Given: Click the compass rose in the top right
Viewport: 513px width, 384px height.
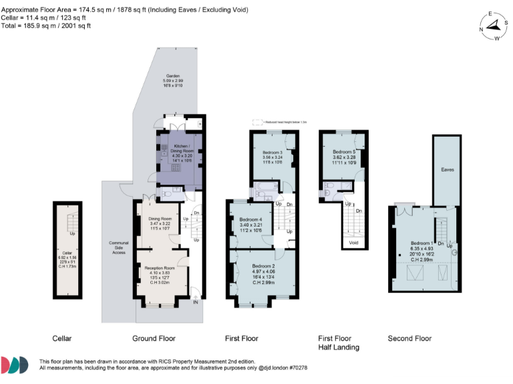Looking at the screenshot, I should (494, 27).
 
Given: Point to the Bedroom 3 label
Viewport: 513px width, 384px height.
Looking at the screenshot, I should (273, 152).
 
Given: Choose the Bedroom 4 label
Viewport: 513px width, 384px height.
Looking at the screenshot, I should (250, 220).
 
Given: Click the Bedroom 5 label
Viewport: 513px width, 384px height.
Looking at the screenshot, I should (345, 151).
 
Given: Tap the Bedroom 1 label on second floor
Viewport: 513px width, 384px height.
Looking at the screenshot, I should (421, 243).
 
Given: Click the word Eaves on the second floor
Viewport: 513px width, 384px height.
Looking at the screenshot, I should (448, 170).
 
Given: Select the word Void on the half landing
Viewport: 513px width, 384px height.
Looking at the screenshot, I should (353, 243).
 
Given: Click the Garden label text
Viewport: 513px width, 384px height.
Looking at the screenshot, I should (173, 76).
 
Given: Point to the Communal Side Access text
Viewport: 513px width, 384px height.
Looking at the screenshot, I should (119, 247).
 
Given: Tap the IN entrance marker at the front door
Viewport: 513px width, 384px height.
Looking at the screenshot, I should (196, 302).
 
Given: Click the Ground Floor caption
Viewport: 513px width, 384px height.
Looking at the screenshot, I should (153, 339).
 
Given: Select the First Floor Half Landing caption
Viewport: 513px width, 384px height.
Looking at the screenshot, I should (338, 343).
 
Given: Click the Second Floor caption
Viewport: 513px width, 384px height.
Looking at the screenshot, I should (409, 339).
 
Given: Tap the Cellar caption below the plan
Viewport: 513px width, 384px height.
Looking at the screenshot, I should (61, 339).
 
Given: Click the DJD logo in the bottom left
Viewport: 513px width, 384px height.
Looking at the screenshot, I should (15, 364).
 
